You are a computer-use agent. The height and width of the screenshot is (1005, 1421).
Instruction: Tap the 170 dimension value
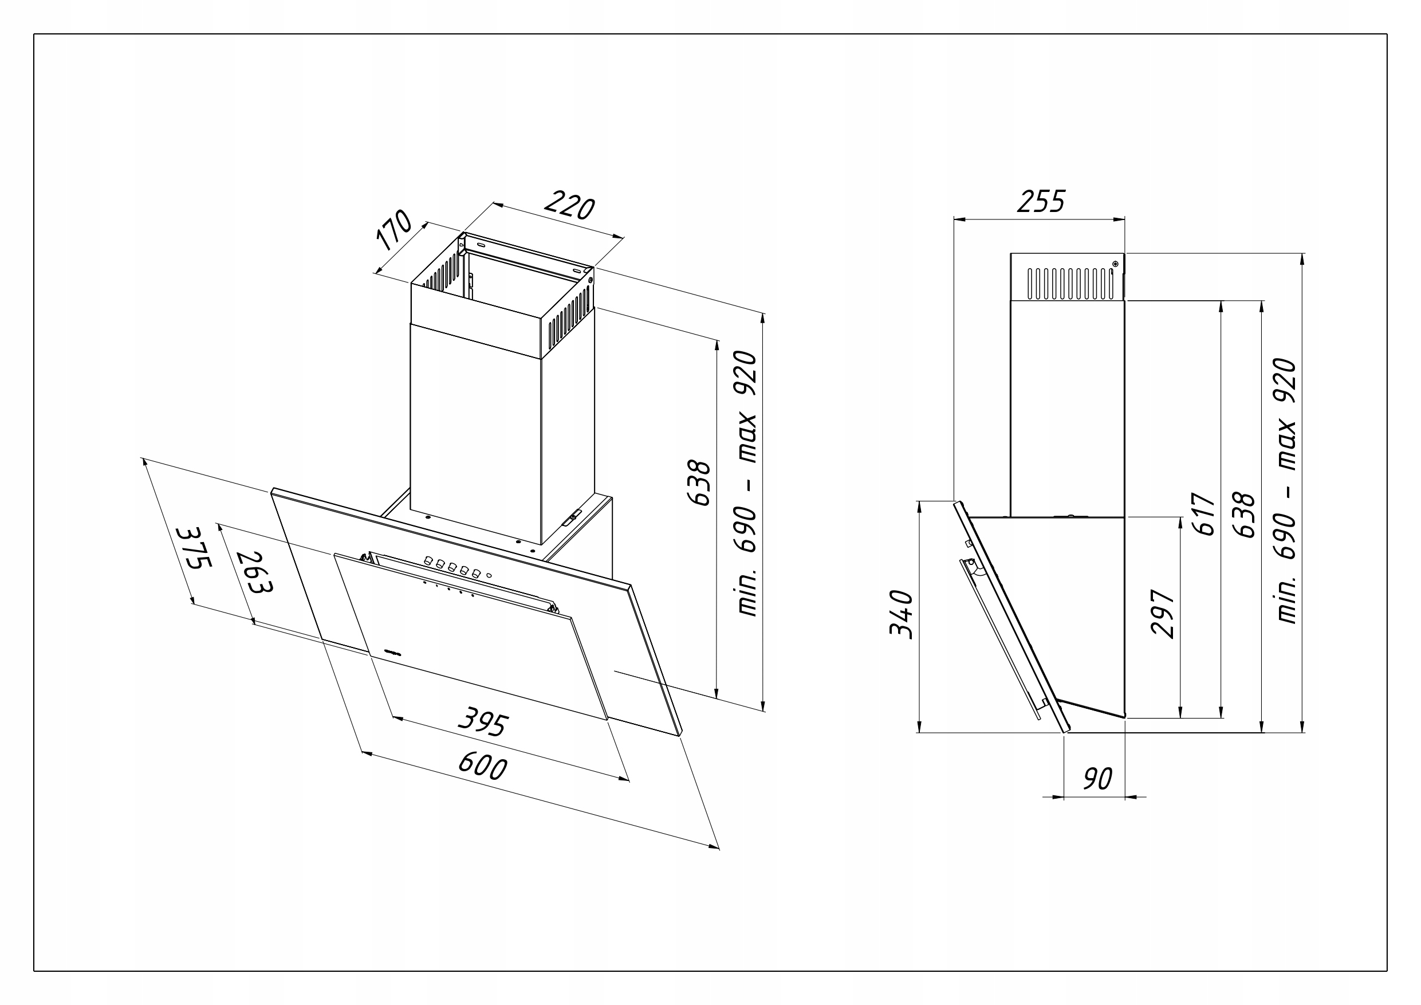point(394,230)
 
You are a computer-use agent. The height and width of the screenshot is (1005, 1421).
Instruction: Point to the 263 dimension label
point(254,572)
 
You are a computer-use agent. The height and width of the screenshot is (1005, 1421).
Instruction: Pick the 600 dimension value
point(483,767)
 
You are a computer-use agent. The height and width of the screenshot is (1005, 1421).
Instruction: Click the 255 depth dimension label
point(1041,201)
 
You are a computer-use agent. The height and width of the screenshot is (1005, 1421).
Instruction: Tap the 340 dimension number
point(900,614)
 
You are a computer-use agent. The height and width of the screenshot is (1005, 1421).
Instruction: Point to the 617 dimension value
point(1204,514)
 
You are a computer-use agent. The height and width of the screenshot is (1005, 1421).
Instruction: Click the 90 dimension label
point(1098,779)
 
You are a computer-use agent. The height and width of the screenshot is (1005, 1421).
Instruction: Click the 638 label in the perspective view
point(700,483)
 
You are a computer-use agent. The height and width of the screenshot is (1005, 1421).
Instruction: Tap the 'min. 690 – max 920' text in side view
point(1286,490)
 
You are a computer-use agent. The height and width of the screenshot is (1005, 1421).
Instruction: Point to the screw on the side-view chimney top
point(1115,264)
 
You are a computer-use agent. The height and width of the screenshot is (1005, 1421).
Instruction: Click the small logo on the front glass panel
point(392,651)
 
